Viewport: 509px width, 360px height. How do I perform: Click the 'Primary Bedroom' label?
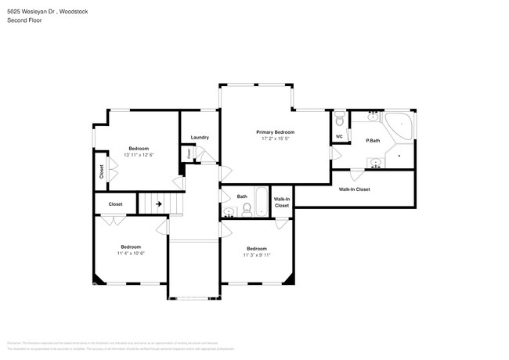(275, 132)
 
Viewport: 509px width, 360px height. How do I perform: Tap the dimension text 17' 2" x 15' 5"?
(275, 139)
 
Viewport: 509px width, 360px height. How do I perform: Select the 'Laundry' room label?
(200, 137)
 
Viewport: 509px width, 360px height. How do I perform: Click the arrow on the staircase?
(158, 204)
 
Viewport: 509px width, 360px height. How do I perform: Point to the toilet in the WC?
(339, 120)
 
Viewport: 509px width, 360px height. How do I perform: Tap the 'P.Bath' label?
(373, 140)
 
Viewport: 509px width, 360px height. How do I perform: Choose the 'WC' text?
(339, 137)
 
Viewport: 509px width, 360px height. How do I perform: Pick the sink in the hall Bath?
(229, 211)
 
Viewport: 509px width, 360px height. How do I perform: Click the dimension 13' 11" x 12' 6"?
(139, 155)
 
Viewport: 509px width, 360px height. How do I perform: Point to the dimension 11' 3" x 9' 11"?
(256, 254)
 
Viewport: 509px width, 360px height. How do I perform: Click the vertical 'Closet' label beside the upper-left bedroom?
(101, 171)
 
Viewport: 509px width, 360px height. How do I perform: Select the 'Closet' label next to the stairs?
(115, 204)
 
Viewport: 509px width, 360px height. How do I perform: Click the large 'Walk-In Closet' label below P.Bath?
(354, 189)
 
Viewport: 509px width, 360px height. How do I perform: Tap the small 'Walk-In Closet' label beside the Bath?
(282, 202)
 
